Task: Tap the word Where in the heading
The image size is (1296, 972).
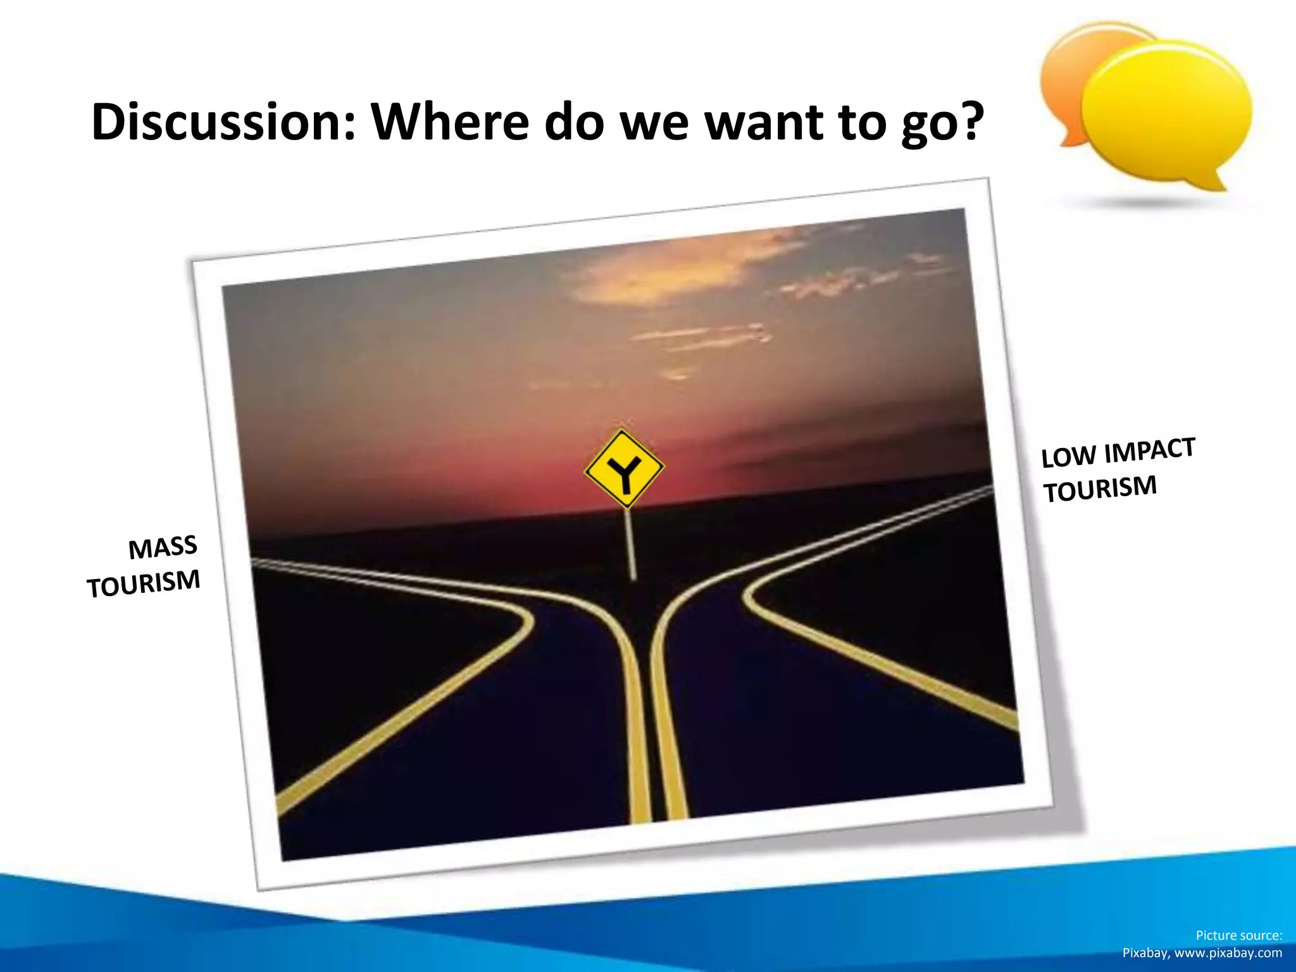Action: point(450,121)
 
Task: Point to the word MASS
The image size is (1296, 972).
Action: point(163,547)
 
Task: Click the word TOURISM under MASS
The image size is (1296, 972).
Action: point(144,583)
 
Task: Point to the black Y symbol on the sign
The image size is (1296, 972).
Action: point(624,473)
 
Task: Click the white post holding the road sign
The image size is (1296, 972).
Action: point(631,544)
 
